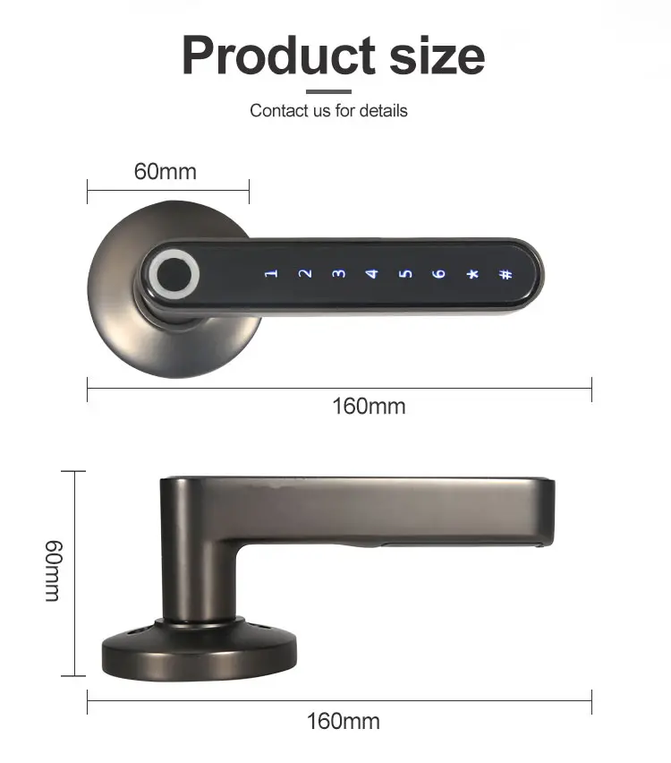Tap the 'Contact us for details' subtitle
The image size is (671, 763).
point(328,111)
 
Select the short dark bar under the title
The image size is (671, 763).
point(328,90)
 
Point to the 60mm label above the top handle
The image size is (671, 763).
point(166,171)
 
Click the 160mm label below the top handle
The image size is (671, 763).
point(369,407)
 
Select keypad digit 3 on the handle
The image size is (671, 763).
point(338,273)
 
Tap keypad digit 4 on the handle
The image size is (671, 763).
point(372,273)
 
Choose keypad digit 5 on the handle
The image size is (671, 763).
point(405,273)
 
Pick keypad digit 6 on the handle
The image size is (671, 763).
point(438,273)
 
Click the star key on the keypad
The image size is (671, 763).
point(471,273)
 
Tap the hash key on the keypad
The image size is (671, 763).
point(505,273)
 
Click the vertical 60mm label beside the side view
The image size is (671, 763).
point(53,570)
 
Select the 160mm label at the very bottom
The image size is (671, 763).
point(343,721)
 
